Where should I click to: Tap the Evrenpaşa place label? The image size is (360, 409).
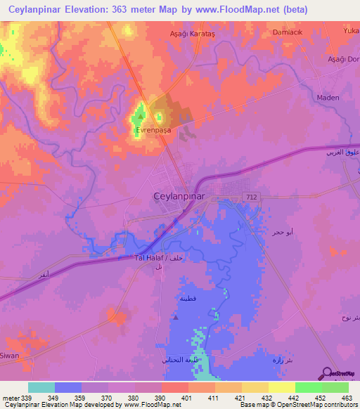pyautogui.click(x=153, y=130)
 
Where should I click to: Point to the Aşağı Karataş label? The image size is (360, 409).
pyautogui.click(x=193, y=34)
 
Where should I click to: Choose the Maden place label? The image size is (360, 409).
pyautogui.click(x=328, y=98)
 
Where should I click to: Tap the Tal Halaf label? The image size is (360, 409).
pyautogui.click(x=149, y=258)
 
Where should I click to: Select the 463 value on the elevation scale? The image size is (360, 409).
pyautogui.click(x=347, y=397)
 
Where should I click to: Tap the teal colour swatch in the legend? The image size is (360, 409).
pyautogui.click(x=41, y=387)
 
